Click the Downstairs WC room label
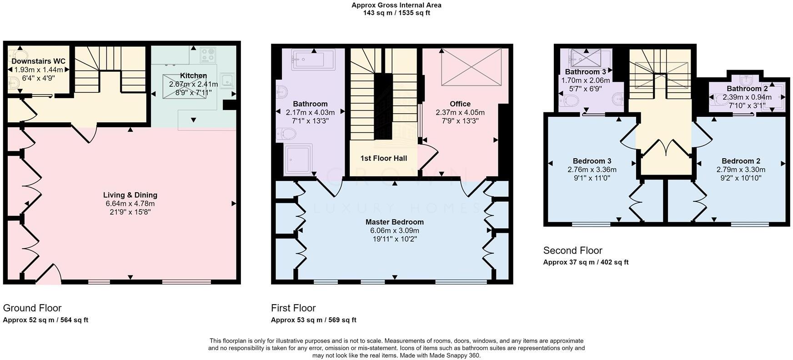tap(39, 61)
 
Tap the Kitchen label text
tap(193, 76)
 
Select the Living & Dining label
tap(130, 195)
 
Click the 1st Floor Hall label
tap(383, 158)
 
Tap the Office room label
tap(460, 104)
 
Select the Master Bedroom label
tap(395, 222)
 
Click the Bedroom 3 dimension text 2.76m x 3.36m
tap(592, 170)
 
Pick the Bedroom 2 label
tap(741, 161)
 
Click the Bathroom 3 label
tap(585, 72)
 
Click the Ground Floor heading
tap(32, 308)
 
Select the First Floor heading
tap(293, 308)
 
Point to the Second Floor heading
tap(572, 250)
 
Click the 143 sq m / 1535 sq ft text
tap(396, 13)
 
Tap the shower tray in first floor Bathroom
tap(299, 159)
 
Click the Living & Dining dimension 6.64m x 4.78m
tap(130, 204)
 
